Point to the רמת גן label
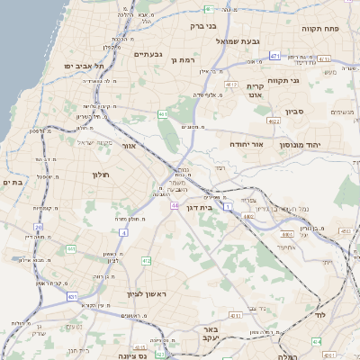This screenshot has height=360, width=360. click(182, 58)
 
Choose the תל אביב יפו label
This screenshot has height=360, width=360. click(85, 66)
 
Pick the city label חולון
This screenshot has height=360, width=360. click(100, 174)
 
